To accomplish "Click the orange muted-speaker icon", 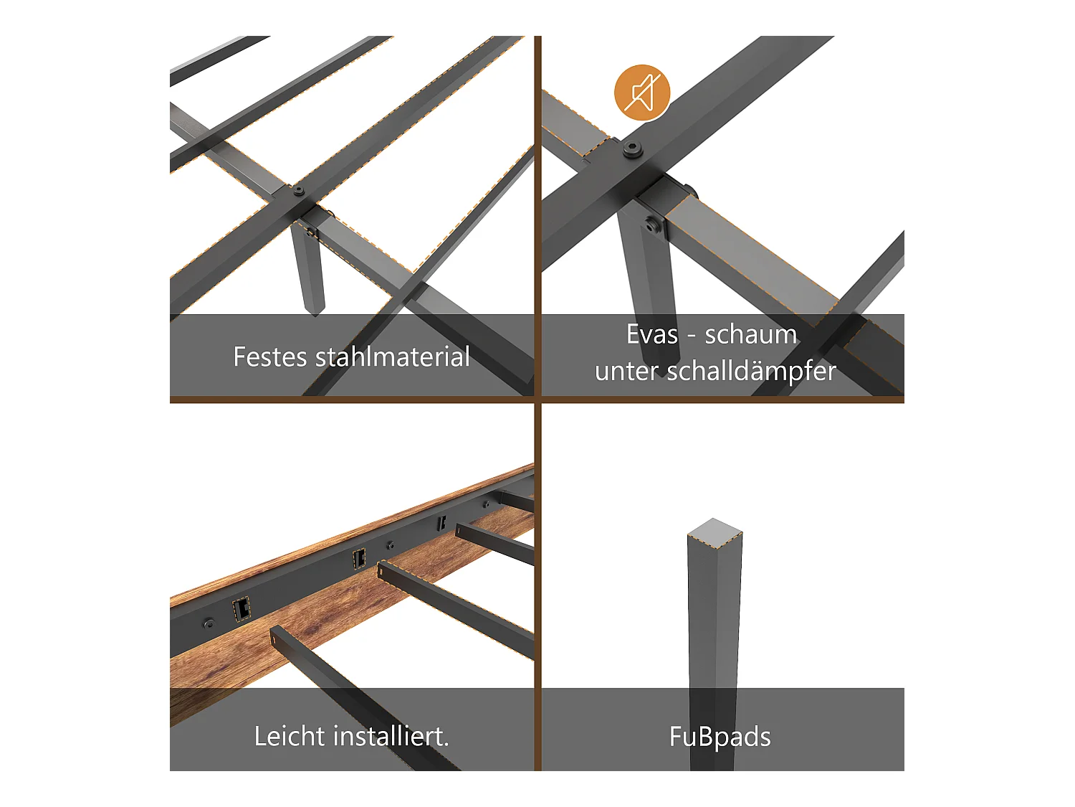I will pos(641,93).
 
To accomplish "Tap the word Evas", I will pos(651,334).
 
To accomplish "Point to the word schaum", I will pos(750,334).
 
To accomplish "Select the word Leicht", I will pos(290,736).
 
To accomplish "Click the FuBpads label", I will pos(720,737).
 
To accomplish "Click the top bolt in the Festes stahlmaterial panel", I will pos(298,192).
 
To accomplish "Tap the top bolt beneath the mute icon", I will pos(631,149).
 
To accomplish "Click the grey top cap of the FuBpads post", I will pos(715,533).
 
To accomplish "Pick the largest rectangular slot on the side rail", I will pos(242,609).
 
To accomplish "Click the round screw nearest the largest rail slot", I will pos(209,623).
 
